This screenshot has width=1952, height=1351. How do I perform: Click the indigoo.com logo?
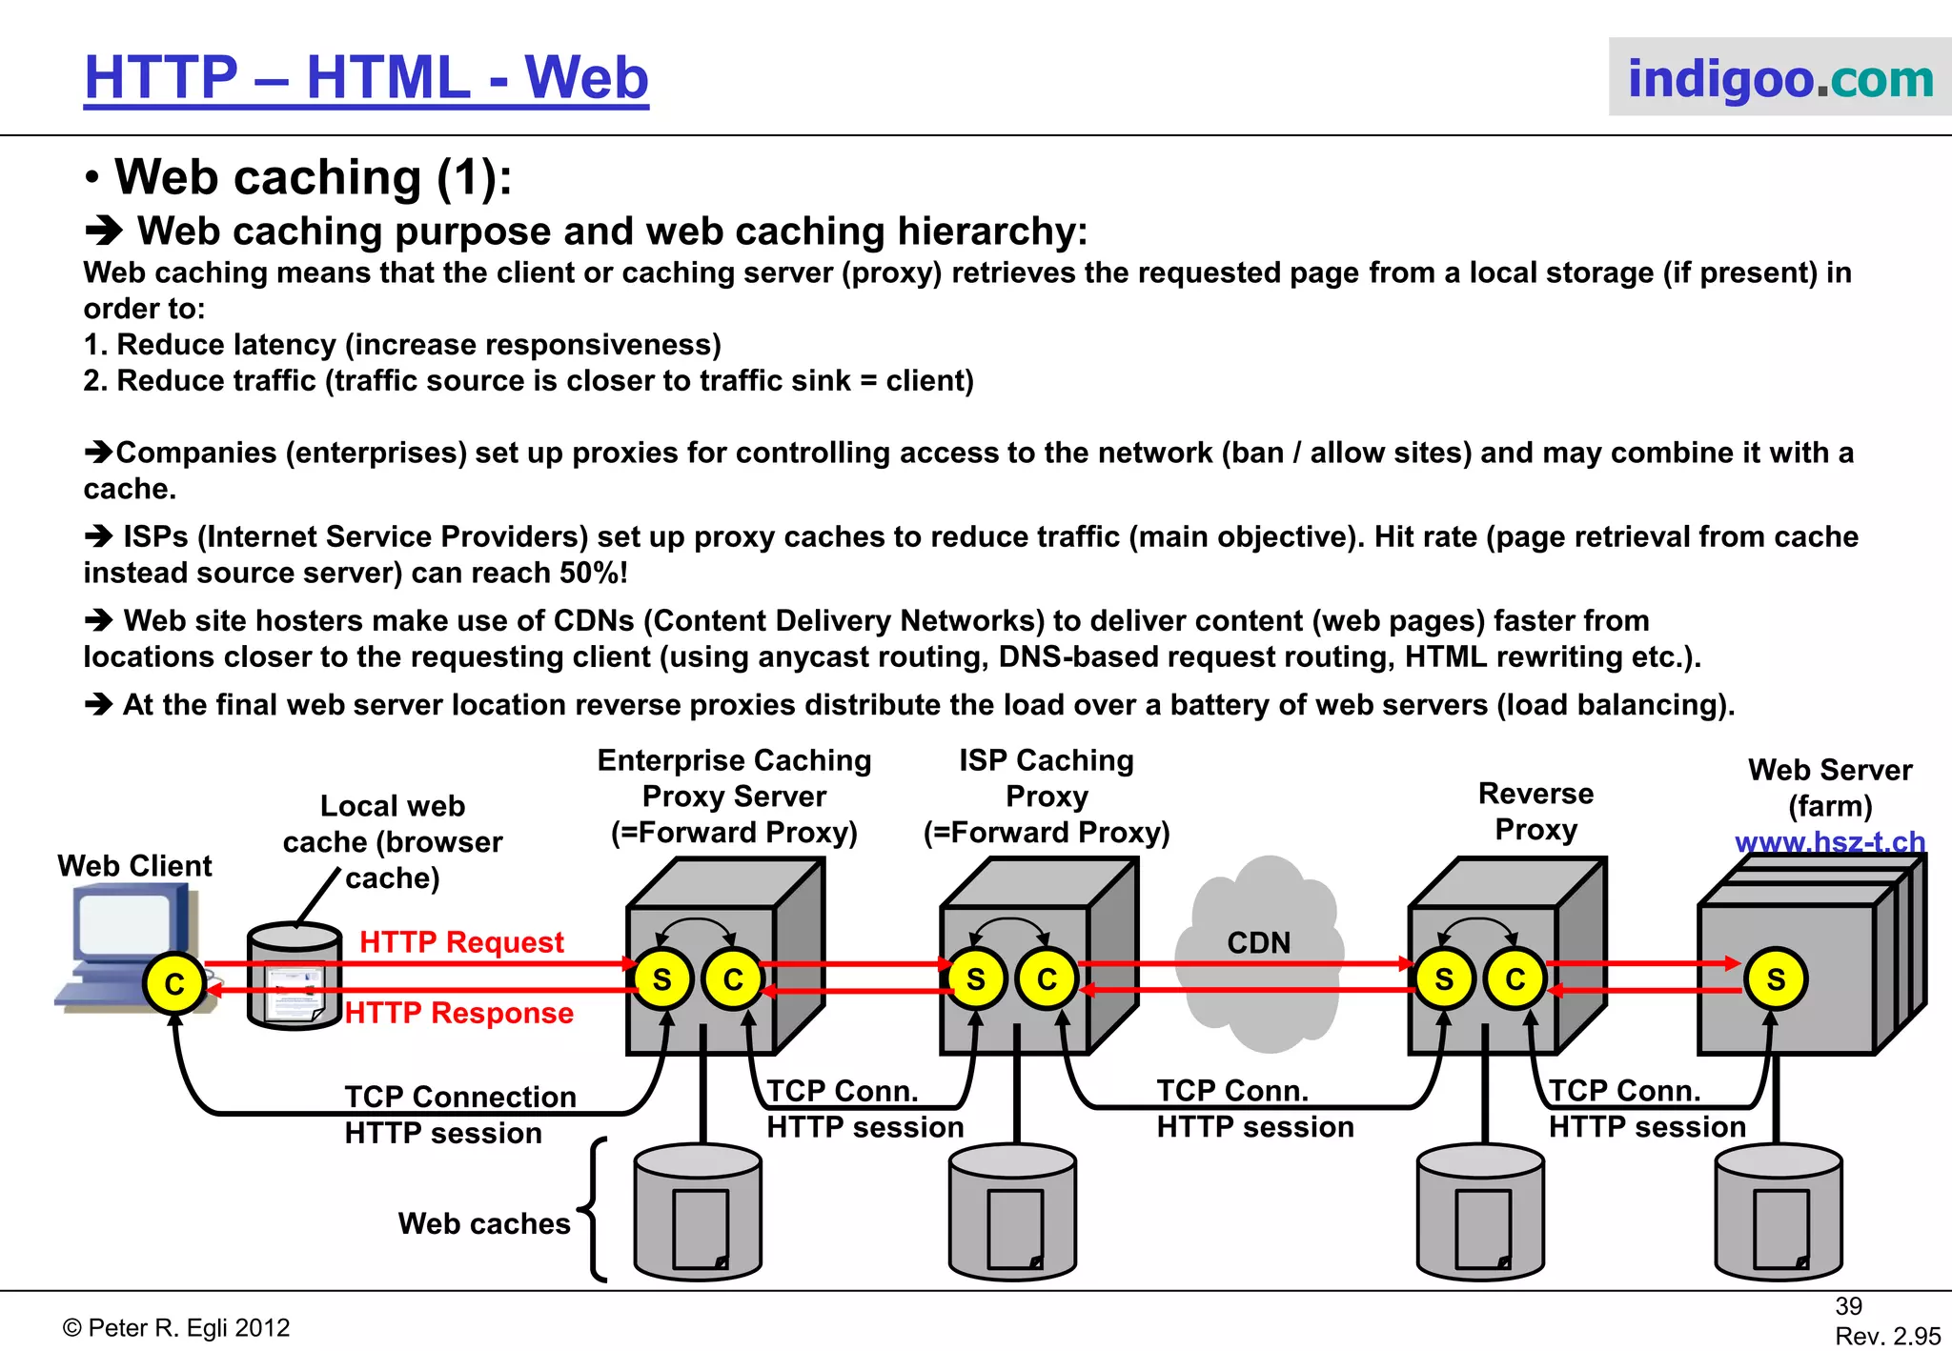tap(1779, 78)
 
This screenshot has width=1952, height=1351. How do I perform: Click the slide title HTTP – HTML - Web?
tap(366, 78)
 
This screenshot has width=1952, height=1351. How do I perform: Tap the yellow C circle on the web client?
tap(174, 983)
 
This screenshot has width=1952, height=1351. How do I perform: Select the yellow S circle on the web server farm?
tap(1776, 979)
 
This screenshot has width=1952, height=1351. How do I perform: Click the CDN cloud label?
tap(1258, 942)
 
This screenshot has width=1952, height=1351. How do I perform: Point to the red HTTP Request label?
tap(461, 941)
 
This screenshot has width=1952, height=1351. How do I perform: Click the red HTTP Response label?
tap(459, 1013)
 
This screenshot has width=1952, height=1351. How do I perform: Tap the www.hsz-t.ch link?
tap(1829, 842)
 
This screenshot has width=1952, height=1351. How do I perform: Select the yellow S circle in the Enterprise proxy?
tap(661, 979)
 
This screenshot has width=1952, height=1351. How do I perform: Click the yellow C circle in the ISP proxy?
tap(1047, 979)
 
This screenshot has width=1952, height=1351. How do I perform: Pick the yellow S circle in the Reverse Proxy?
tap(1444, 979)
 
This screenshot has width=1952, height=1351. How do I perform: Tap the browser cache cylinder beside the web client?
tap(295, 977)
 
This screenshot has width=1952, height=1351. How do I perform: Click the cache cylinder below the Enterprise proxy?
tap(698, 1213)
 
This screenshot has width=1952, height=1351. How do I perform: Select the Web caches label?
tap(484, 1223)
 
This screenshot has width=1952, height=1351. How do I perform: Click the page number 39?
tap(1848, 1306)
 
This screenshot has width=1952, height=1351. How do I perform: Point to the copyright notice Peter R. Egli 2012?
tap(176, 1328)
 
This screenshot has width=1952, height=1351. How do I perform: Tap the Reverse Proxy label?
tap(1535, 811)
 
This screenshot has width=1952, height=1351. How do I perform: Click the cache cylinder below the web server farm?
tap(1778, 1213)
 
